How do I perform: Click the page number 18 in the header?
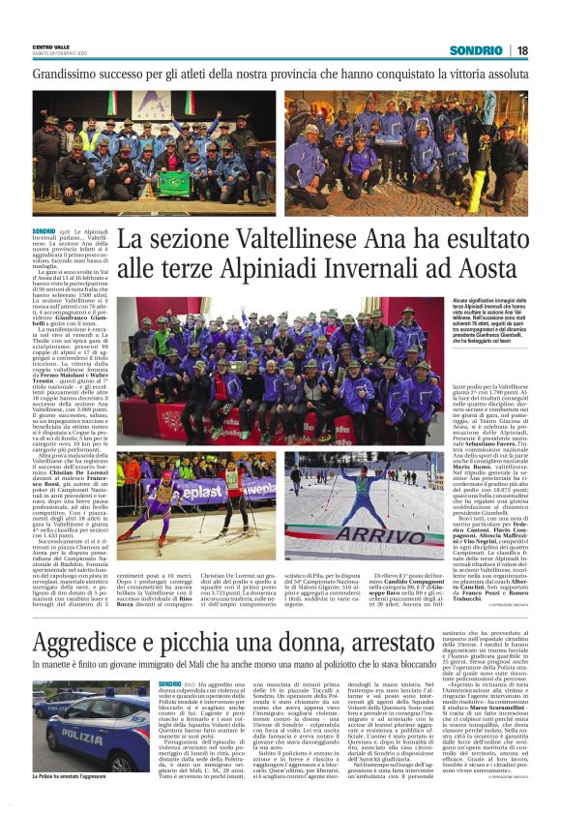pos(522,50)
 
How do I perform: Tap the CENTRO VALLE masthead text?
pos(51,46)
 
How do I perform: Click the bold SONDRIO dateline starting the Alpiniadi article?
pos(44,231)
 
